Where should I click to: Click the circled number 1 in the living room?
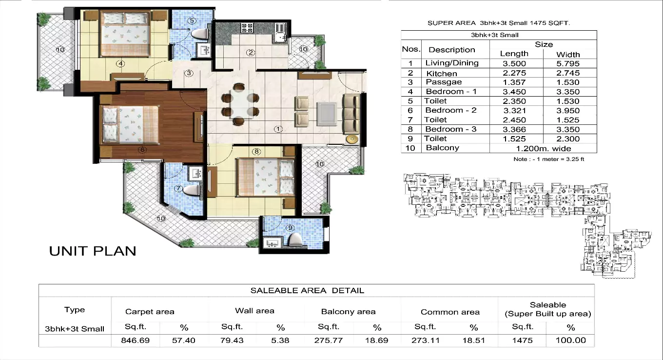(x=278, y=129)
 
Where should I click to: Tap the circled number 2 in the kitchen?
(x=251, y=53)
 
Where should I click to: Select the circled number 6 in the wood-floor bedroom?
(x=142, y=150)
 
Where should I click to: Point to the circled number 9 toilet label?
(x=290, y=227)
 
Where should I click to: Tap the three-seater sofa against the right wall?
(x=351, y=114)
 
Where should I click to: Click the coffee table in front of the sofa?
(x=326, y=114)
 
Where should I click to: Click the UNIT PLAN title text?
(x=93, y=251)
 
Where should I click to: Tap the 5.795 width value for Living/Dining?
(x=568, y=63)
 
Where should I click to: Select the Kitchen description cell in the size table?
(x=441, y=73)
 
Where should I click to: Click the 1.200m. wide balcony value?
(x=543, y=148)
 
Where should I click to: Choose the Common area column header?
(x=450, y=312)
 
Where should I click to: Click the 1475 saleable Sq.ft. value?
(x=522, y=340)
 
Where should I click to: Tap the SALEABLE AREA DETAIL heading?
(x=307, y=291)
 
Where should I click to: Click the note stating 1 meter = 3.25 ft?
(x=548, y=160)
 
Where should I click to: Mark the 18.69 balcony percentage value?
(x=376, y=340)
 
